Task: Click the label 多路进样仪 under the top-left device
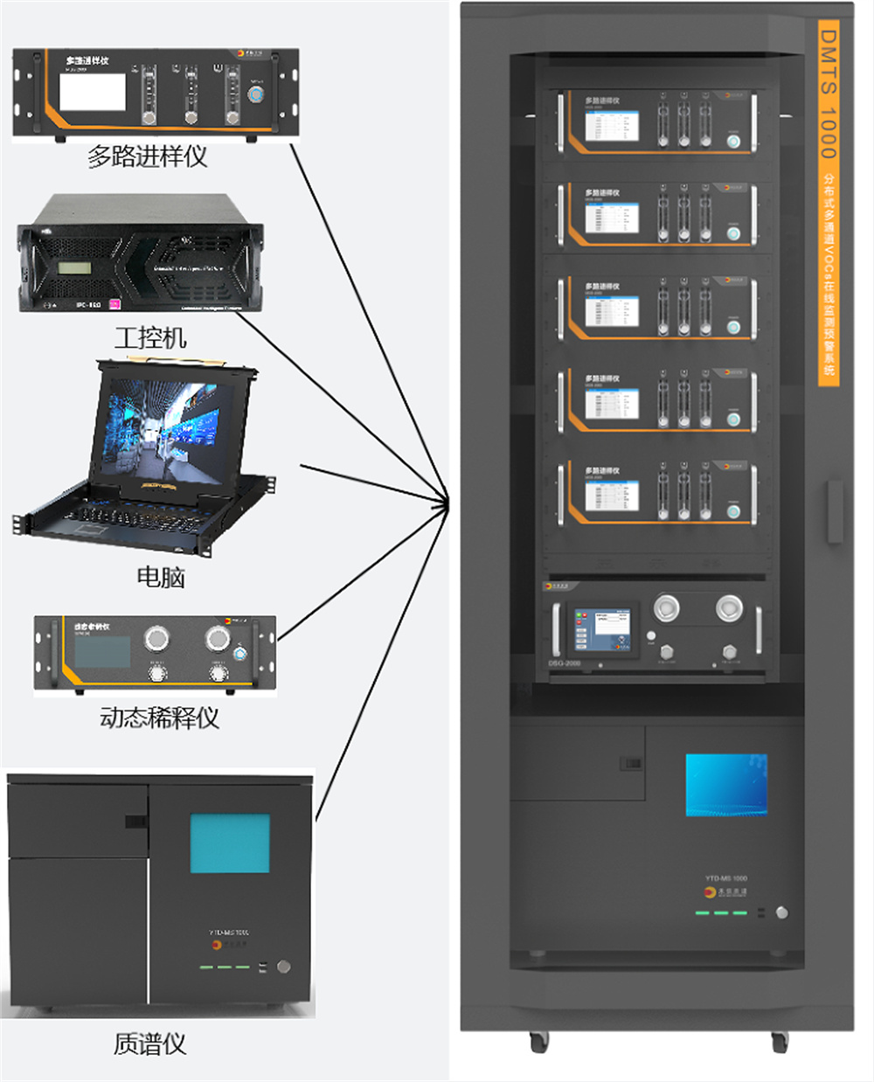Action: point(147,156)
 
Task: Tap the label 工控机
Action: point(149,337)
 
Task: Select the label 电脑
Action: point(161,577)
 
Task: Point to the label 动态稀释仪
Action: point(159,718)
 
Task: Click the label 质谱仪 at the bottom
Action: point(149,1044)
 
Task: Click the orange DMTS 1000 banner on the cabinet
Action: point(828,201)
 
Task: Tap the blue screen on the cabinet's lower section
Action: point(726,785)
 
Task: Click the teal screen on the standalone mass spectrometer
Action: point(230,843)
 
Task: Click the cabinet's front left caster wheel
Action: point(539,1041)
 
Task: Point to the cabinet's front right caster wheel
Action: point(779,1041)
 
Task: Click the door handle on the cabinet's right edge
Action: point(835,511)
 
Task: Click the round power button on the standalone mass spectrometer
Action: point(283,967)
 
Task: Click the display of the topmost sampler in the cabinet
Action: point(612,124)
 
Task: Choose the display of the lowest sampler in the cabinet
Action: point(612,496)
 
